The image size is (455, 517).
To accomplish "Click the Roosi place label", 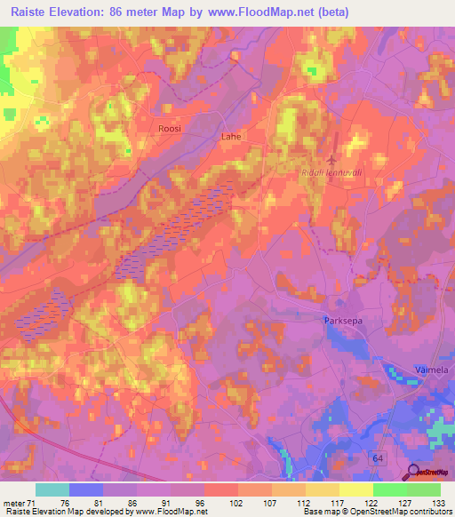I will [169, 129].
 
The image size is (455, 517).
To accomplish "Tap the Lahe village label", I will [230, 137].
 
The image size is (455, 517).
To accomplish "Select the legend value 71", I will [35, 502].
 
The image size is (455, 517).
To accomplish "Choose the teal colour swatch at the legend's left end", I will [52, 489].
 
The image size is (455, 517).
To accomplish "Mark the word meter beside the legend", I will [13, 502].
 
